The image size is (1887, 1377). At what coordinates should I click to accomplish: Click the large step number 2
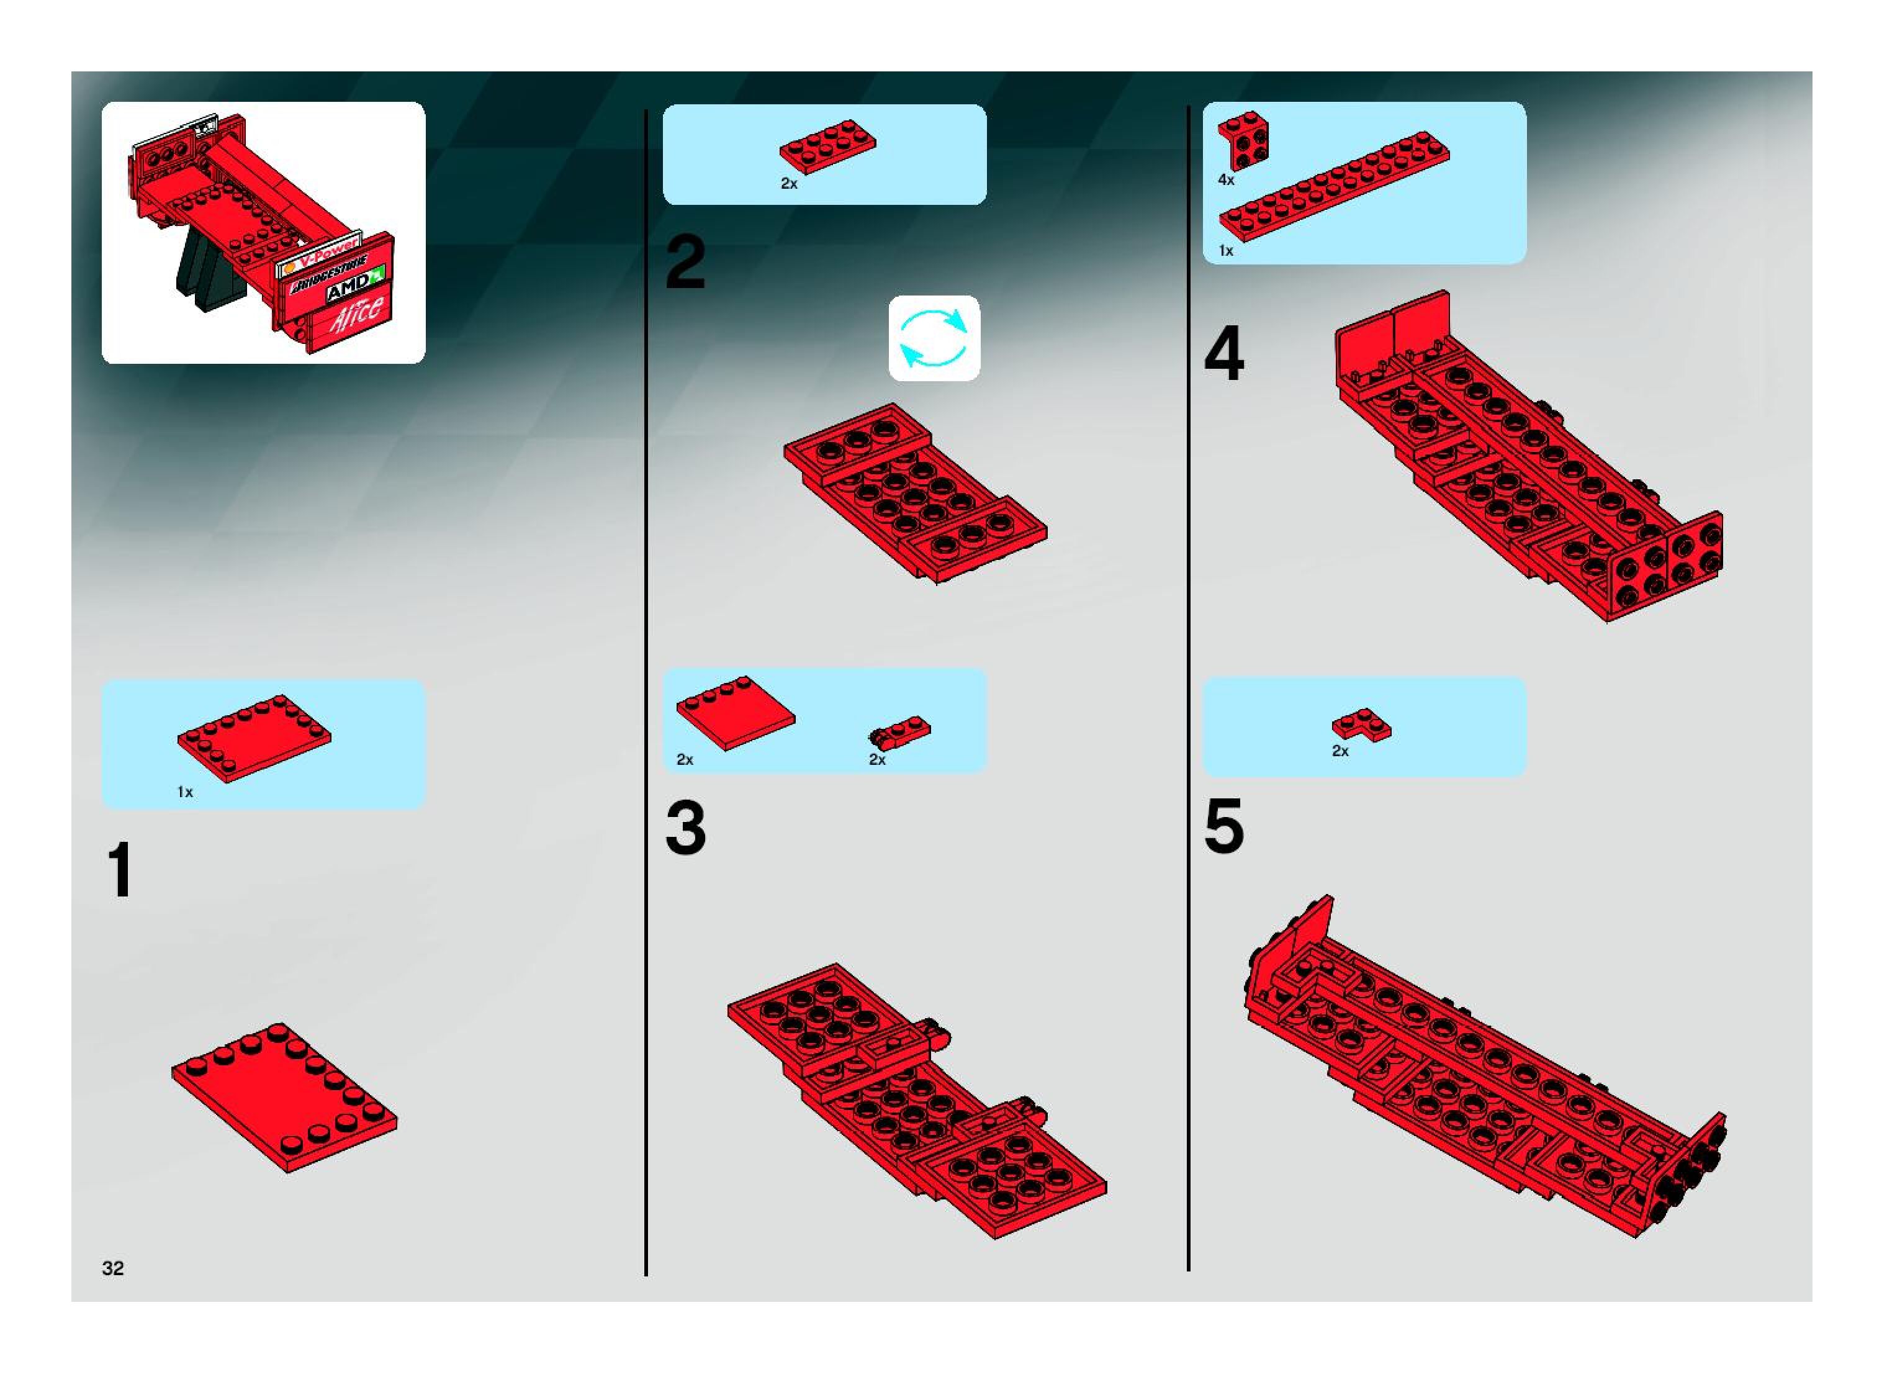tap(685, 263)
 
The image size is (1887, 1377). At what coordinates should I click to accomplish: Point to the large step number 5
tap(1223, 826)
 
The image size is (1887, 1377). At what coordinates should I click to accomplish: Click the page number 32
tap(112, 1268)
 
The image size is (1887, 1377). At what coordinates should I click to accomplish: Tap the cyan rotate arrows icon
tap(934, 338)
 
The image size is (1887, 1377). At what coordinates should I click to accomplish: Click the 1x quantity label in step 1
tap(185, 792)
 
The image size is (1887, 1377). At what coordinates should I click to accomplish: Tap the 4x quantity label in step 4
tap(1226, 179)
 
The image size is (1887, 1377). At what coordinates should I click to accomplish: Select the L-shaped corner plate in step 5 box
tap(1361, 725)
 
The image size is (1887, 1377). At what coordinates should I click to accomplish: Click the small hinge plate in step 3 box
tap(899, 731)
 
